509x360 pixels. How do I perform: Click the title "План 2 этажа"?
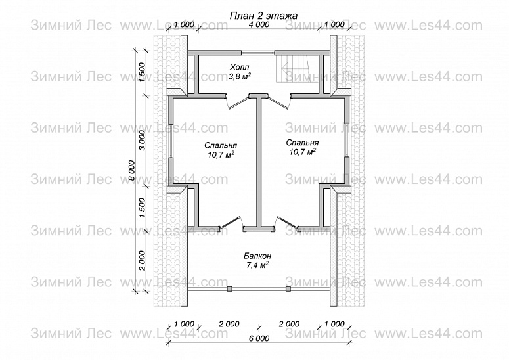click(x=263, y=16)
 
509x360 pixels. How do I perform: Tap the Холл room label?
click(x=240, y=68)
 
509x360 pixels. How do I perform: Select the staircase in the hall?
click(x=292, y=68)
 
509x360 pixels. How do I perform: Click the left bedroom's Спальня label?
click(x=221, y=145)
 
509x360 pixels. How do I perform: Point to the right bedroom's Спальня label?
click(x=302, y=143)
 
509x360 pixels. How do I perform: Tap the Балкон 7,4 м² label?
click(x=257, y=261)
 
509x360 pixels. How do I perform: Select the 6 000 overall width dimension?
click(x=259, y=338)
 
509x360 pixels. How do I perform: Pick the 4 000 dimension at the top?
click(x=259, y=24)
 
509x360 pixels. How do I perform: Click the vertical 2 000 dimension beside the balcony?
click(x=142, y=261)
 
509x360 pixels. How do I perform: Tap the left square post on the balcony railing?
click(x=229, y=289)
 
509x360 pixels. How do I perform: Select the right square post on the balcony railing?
click(x=288, y=289)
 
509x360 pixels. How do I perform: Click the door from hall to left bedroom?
click(x=237, y=101)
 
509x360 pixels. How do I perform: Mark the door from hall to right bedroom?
click(x=280, y=101)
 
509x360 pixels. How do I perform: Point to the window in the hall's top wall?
click(x=258, y=53)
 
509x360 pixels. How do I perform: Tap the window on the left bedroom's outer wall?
click(x=171, y=141)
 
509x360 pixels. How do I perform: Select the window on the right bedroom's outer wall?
click(x=347, y=140)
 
